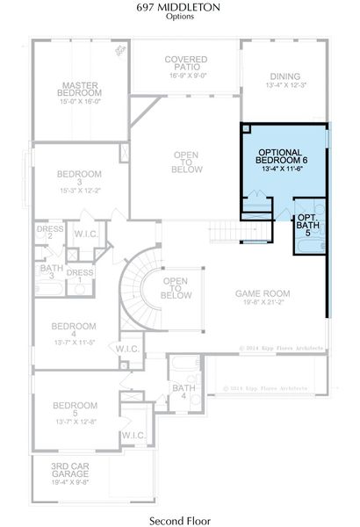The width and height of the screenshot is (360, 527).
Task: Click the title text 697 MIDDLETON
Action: click(179, 7)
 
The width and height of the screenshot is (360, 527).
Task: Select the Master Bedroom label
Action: click(80, 88)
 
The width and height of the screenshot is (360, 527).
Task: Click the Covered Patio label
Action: click(185, 64)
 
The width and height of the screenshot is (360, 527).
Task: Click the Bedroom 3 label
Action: click(80, 177)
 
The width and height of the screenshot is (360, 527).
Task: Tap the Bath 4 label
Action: click(184, 392)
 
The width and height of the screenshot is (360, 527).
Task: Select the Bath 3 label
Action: click(51, 272)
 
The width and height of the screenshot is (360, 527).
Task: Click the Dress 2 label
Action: click(50, 232)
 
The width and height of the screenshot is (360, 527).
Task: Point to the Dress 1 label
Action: click(80, 277)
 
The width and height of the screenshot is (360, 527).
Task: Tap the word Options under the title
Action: click(179, 17)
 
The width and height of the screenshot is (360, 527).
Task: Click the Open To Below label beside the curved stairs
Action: click(176, 287)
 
